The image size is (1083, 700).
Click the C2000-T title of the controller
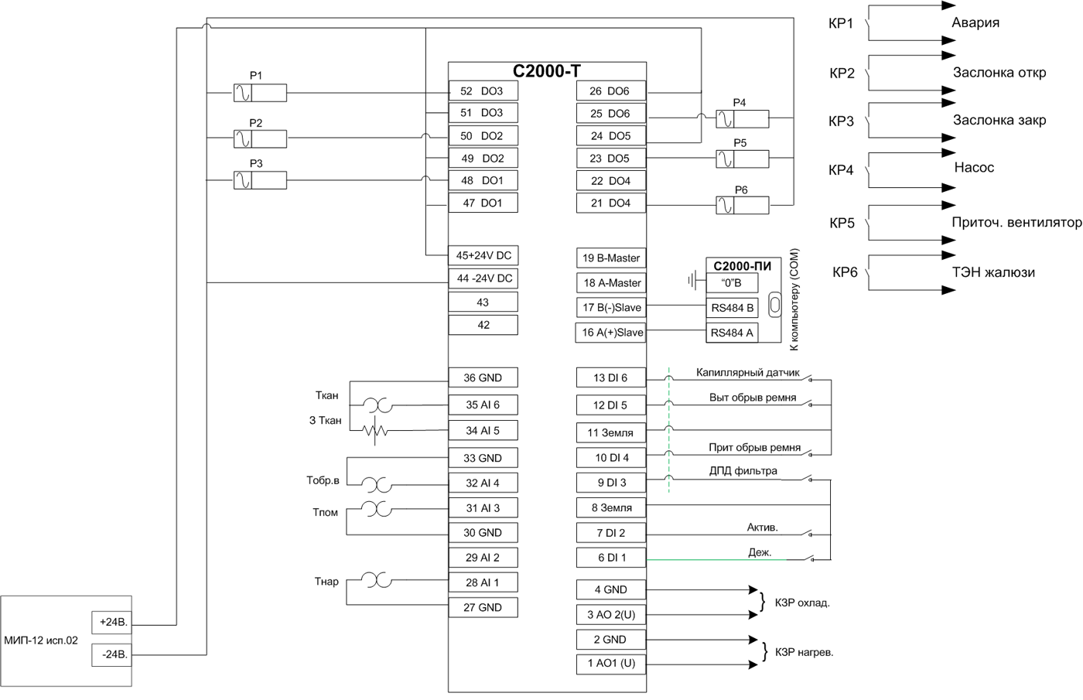click(547, 71)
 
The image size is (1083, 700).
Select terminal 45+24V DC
click(483, 256)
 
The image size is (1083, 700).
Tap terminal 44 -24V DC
click(483, 278)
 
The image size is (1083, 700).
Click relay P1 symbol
click(260, 94)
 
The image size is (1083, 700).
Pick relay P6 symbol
click(742, 206)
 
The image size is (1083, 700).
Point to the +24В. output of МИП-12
click(113, 623)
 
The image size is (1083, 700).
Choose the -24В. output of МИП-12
click(113, 654)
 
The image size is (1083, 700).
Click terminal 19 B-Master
click(611, 258)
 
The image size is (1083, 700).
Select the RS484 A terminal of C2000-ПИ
click(732, 333)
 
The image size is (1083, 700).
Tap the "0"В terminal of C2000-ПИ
click(732, 283)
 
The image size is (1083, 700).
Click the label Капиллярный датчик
click(747, 373)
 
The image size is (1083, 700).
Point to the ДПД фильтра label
click(743, 470)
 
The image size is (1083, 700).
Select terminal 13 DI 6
click(611, 378)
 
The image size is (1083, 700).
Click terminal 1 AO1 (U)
click(611, 664)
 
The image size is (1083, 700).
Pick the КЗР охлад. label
click(802, 603)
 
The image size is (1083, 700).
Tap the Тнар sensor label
click(326, 582)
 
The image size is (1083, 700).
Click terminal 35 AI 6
click(483, 405)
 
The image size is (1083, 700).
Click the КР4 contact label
click(841, 170)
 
